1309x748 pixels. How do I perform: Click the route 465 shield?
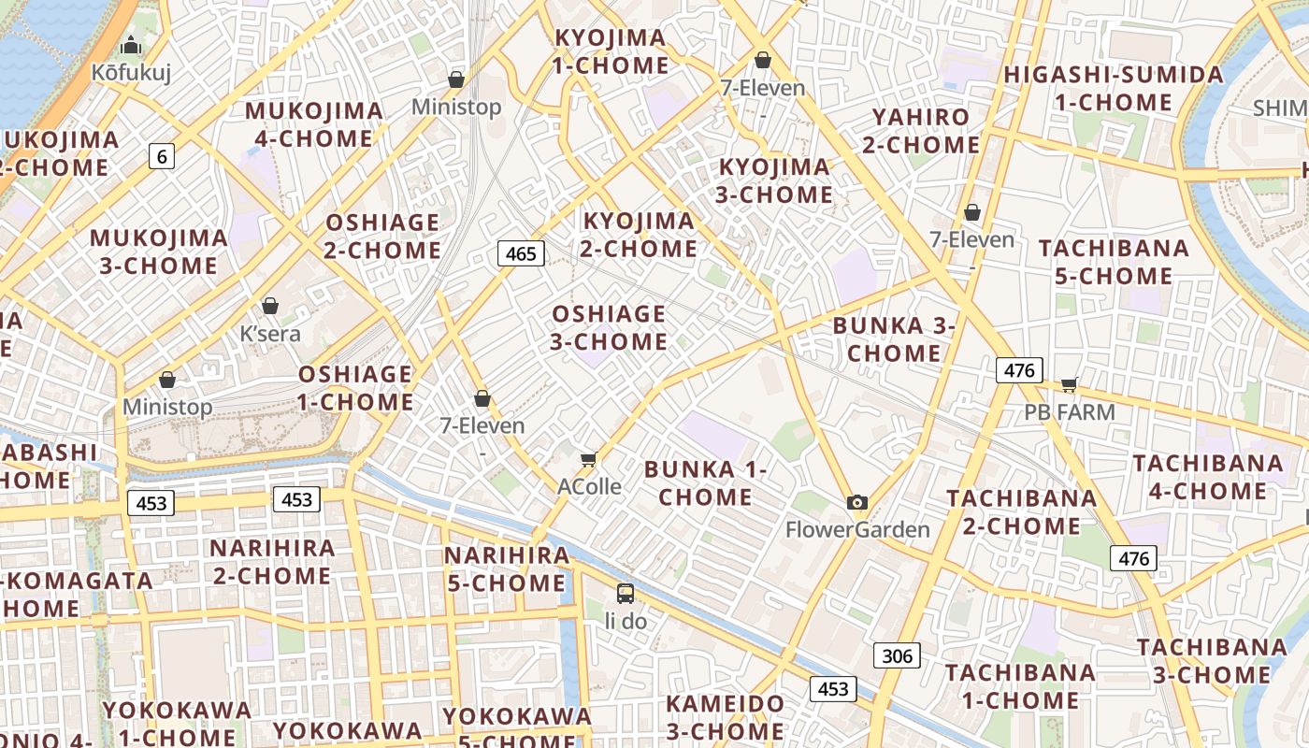[521, 253]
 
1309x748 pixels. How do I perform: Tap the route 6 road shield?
[162, 156]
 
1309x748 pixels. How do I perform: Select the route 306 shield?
[897, 655]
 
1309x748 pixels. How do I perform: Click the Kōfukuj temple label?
[131, 72]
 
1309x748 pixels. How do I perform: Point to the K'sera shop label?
[270, 334]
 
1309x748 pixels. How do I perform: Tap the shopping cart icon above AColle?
[588, 458]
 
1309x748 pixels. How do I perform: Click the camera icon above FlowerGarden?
[857, 502]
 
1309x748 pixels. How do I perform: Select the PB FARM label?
[1070, 412]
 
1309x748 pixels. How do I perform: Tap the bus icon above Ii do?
[626, 593]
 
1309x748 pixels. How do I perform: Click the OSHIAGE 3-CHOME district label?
[609, 327]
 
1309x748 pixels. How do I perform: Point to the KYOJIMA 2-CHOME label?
[640, 235]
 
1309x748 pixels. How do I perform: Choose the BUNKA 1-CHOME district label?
[706, 482]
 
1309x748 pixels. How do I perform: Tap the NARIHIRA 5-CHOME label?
[506, 568]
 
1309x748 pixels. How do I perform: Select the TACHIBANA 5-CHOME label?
[1114, 262]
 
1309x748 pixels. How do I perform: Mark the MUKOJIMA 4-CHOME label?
[313, 124]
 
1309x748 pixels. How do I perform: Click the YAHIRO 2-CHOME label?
[921, 131]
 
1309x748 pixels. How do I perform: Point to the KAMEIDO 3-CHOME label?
[725, 716]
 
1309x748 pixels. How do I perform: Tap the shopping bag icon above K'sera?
[270, 306]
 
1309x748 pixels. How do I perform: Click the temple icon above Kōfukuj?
[131, 44]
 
